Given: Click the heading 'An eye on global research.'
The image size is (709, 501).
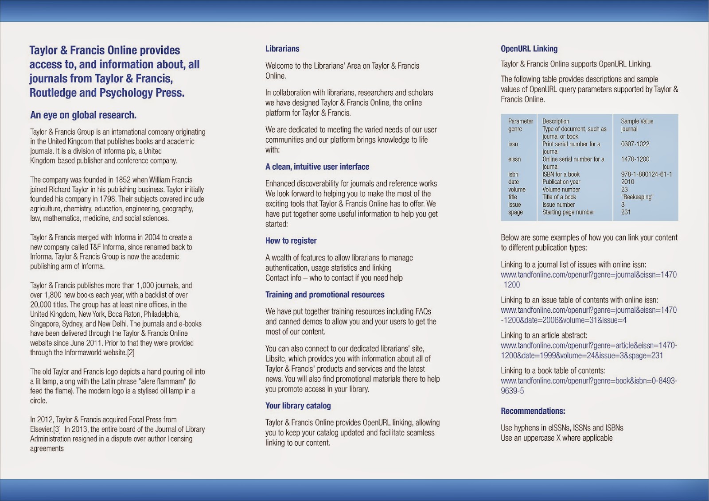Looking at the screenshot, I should [x=83, y=115].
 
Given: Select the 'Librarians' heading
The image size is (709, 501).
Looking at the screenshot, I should [x=282, y=49].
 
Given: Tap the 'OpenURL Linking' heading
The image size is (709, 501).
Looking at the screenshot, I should [x=529, y=49].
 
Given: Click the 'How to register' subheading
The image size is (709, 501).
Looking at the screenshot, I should [x=291, y=241].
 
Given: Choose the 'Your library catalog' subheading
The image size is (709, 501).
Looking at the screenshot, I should [x=298, y=406].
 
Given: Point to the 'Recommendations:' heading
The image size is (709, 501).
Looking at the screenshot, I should [x=533, y=411].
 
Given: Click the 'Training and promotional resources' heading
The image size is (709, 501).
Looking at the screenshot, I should [x=325, y=295].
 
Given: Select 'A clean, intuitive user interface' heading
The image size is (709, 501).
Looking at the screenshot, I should [x=317, y=167].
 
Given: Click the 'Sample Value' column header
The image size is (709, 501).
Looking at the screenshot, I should [x=637, y=121].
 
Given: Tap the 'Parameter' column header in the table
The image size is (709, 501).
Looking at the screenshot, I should [x=521, y=121].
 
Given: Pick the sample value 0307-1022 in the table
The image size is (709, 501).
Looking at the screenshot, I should [x=635, y=144].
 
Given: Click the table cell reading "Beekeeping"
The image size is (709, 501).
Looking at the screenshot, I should [x=637, y=197].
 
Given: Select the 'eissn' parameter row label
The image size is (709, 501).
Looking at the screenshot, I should [x=514, y=159].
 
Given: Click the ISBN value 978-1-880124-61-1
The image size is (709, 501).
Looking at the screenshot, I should [x=647, y=174].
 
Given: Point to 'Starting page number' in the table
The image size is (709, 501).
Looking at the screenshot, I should [x=568, y=212].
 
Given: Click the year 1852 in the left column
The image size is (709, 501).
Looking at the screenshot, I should [x=123, y=180].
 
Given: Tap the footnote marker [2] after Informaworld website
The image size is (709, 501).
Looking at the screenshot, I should [x=131, y=353].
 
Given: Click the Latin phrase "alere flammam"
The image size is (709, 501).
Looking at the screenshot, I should [x=163, y=381].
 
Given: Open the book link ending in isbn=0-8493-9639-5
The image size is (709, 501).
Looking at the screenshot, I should [x=588, y=381].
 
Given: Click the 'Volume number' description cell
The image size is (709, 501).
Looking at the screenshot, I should [x=561, y=190].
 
